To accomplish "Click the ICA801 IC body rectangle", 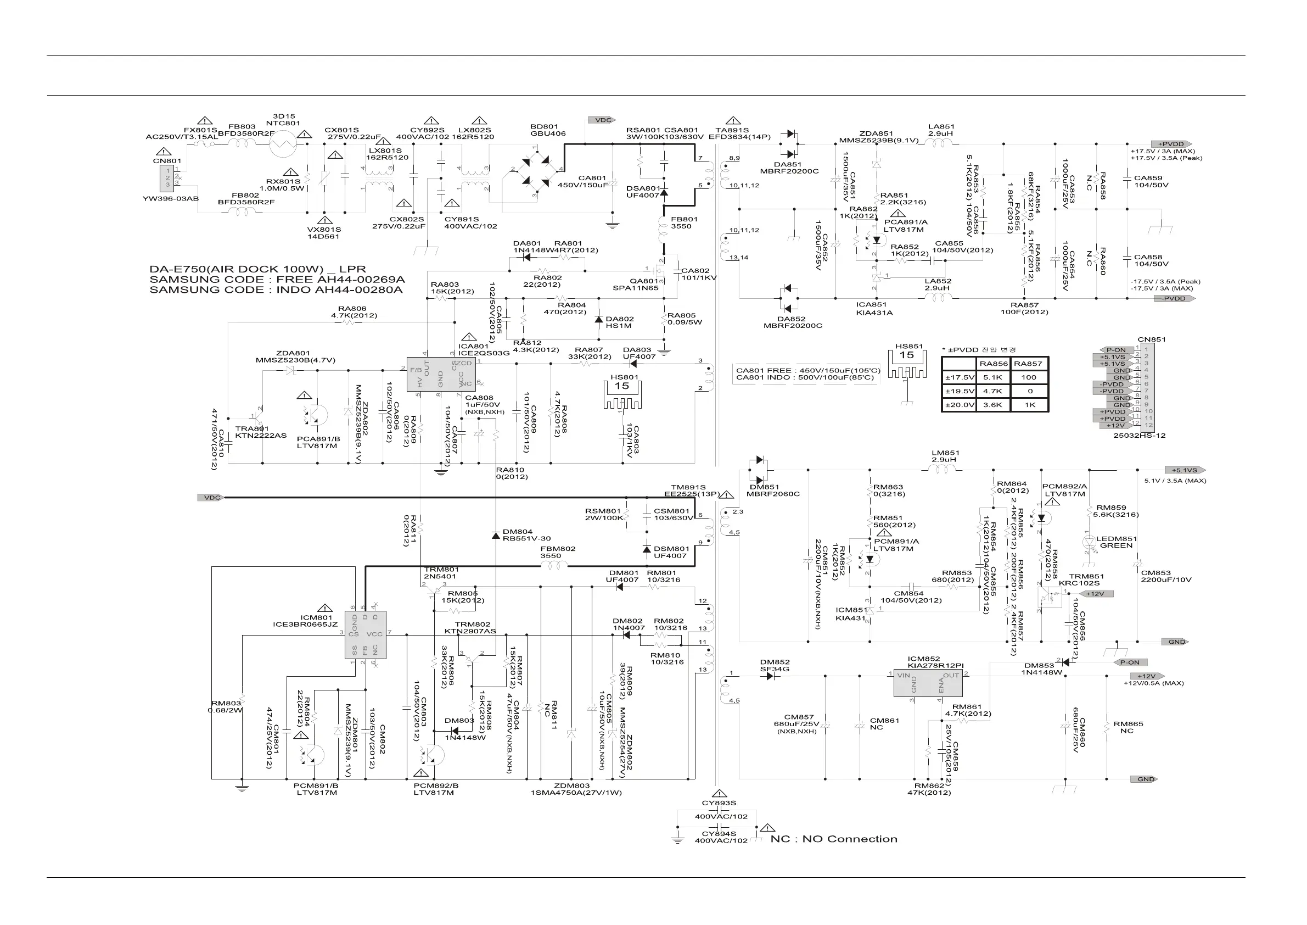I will [x=433, y=374].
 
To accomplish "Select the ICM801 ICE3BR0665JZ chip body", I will [x=366, y=635].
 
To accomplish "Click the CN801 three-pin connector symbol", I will [x=168, y=177].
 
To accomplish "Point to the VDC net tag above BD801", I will [x=603, y=120].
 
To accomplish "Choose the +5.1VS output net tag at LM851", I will [x=1185, y=471].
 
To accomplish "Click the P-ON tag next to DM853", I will [x=1129, y=662].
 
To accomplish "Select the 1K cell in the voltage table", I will [x=1029, y=405].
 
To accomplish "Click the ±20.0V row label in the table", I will [x=959, y=405].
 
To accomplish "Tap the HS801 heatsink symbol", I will [x=621, y=394].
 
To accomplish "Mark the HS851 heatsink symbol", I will [x=906, y=363].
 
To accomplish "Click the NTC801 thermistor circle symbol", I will [x=283, y=143].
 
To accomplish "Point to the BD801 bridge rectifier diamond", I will [x=535, y=169].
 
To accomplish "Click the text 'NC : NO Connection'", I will [x=833, y=839].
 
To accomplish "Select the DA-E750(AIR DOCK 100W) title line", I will [x=257, y=269].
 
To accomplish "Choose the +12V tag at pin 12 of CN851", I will [x=1114, y=426].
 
